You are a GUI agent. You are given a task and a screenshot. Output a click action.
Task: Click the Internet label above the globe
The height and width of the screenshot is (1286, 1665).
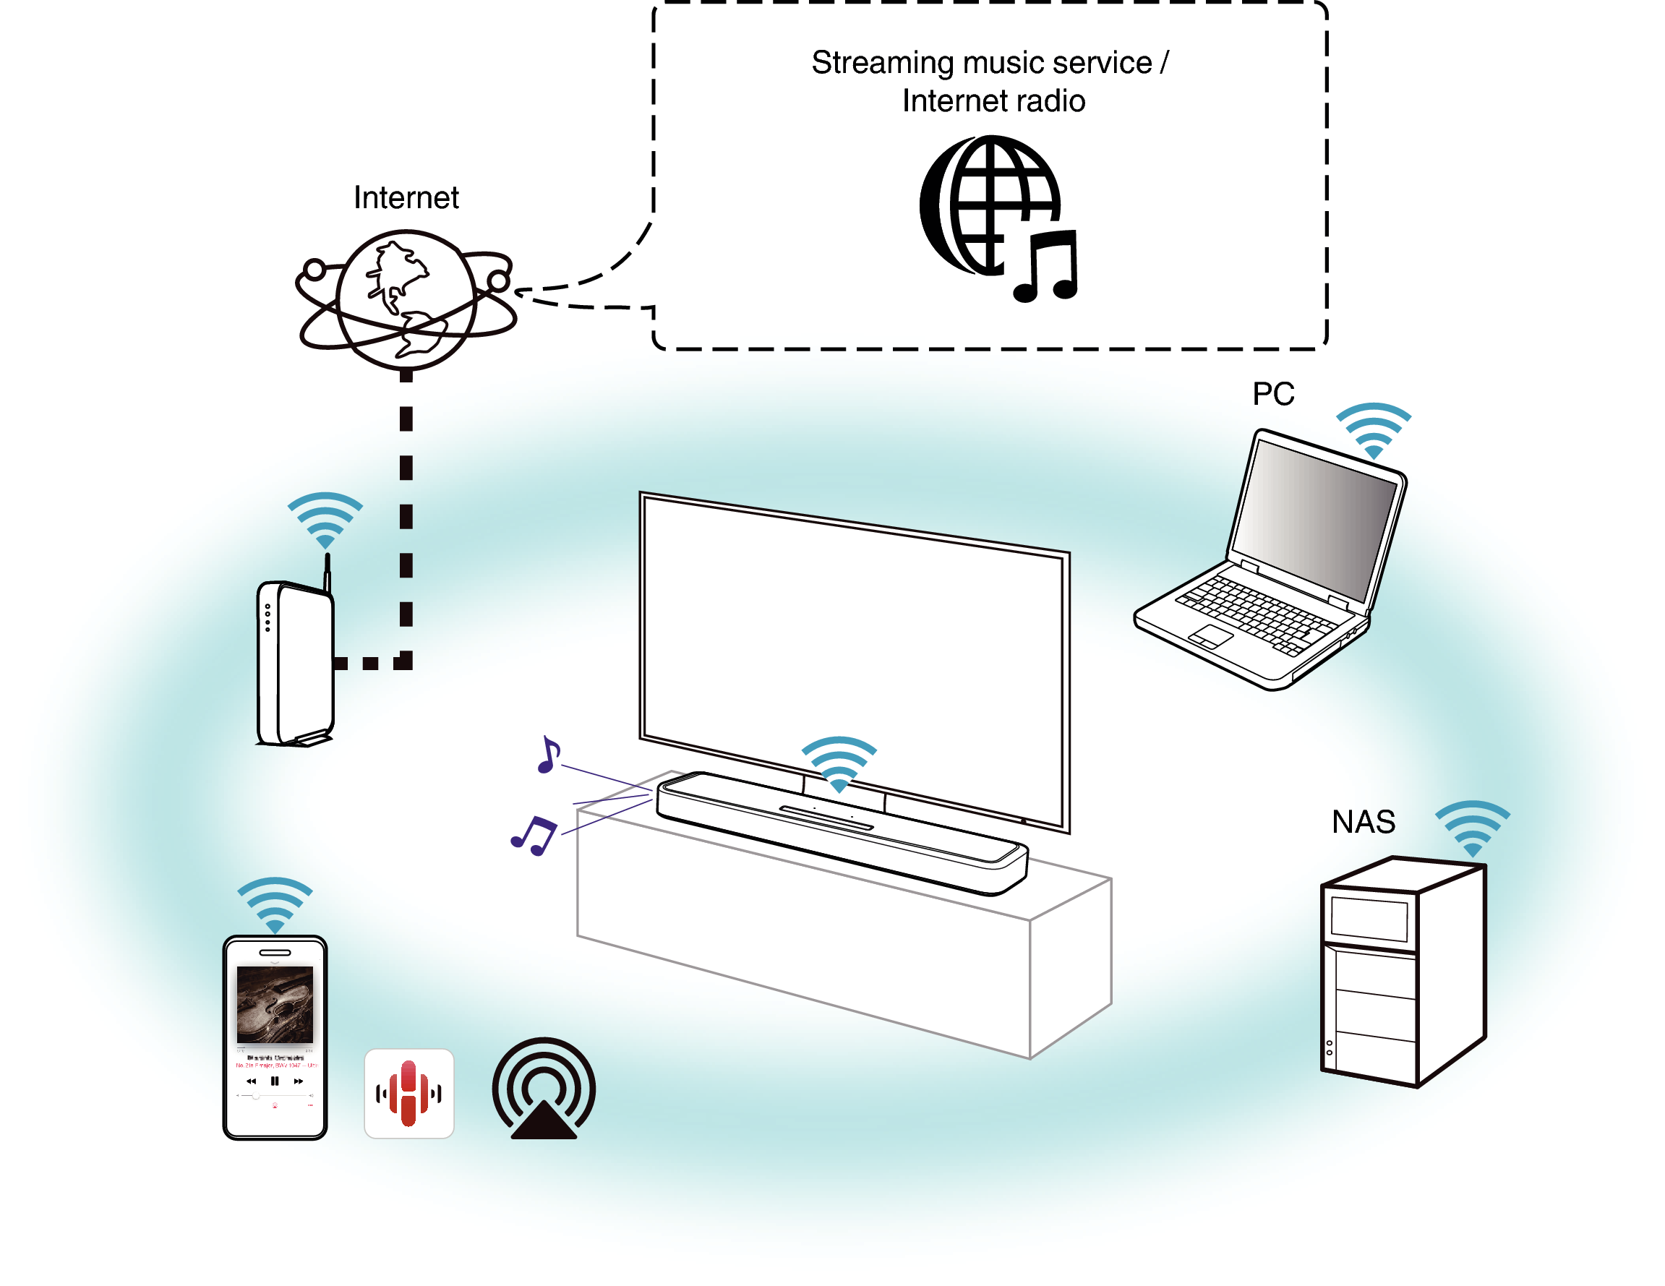tap(406, 197)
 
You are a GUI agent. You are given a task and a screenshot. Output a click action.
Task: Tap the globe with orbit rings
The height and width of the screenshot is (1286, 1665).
tap(406, 299)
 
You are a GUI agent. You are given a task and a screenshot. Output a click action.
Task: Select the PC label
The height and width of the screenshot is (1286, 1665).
tap(1273, 394)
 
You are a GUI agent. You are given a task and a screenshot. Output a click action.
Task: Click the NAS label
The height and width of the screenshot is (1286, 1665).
tap(1363, 822)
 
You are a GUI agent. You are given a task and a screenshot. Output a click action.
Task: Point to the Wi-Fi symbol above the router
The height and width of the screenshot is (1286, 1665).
tap(325, 519)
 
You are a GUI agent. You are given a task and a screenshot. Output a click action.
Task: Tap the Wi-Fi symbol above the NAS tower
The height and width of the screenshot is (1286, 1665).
tap(1472, 828)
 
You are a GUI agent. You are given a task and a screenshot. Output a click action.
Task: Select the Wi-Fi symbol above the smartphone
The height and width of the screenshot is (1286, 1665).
tap(275, 904)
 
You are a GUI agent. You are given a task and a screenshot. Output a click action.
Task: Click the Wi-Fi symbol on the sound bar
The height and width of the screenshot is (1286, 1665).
tap(839, 763)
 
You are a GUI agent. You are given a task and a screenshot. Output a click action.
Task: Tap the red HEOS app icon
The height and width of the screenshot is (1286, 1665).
tap(408, 1092)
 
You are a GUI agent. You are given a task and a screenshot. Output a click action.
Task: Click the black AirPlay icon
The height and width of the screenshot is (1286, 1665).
tap(543, 1089)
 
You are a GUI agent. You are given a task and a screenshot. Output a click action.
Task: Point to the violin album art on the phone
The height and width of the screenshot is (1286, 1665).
tap(275, 1003)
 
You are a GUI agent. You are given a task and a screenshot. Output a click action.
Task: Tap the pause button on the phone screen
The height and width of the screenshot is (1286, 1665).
tap(275, 1080)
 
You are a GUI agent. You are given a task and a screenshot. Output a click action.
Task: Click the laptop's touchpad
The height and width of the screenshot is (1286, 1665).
tap(1211, 635)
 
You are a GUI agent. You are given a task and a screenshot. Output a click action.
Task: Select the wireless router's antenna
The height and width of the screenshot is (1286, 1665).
tap(327, 573)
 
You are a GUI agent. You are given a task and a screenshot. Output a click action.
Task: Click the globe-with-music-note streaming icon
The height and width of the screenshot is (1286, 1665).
tap(997, 218)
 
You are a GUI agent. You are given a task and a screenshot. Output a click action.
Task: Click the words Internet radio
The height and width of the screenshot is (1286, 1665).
tap(993, 100)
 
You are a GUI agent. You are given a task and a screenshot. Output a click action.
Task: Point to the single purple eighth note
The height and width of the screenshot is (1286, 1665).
tap(548, 755)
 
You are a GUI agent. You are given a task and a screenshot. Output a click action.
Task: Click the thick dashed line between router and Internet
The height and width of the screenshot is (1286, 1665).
tap(406, 518)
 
